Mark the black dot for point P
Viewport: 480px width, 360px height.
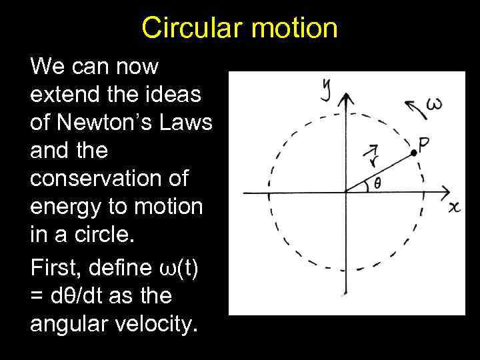click(414, 153)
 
